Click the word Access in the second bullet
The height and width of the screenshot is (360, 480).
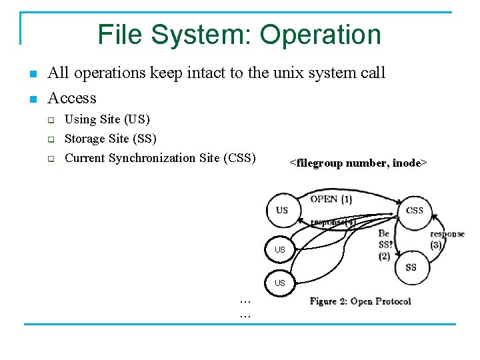click(x=72, y=98)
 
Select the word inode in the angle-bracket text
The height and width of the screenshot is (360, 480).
click(x=407, y=163)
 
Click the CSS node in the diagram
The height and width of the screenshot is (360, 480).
click(x=414, y=211)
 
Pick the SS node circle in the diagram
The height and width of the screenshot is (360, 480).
click(x=411, y=267)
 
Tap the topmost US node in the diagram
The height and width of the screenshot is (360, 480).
click(x=282, y=210)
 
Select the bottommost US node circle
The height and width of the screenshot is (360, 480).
click(x=280, y=283)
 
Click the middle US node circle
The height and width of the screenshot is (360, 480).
click(x=280, y=249)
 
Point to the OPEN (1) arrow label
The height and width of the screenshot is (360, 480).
click(x=331, y=199)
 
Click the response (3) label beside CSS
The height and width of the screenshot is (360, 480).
click(x=447, y=239)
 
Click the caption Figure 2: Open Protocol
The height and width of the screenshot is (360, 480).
click(x=360, y=301)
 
